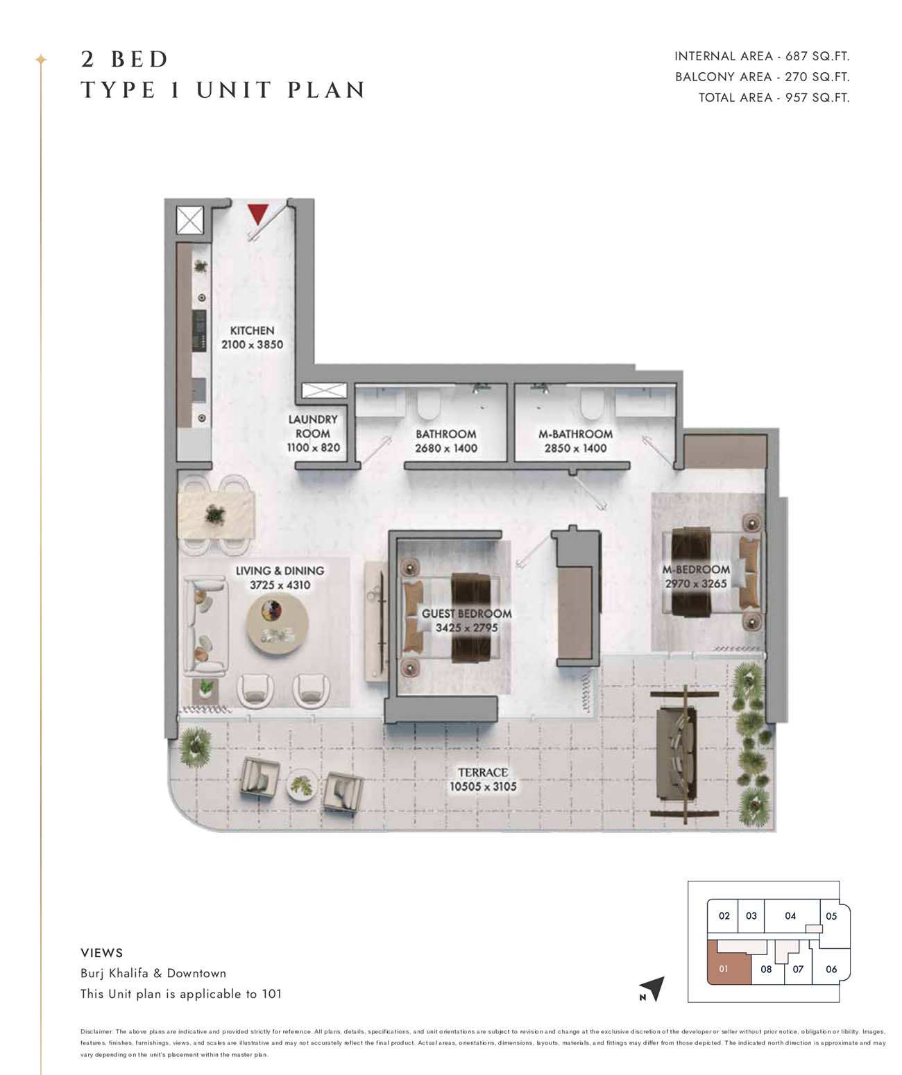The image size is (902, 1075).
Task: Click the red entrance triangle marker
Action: [257, 214]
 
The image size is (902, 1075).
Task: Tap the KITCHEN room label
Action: [252, 331]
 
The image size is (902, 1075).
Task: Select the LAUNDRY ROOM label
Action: [313, 427]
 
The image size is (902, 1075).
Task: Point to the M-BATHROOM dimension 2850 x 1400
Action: [575, 448]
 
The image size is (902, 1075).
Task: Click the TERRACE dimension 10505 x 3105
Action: [483, 786]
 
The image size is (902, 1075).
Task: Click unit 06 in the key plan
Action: [831, 968]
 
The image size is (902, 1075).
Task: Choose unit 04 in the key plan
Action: [790, 915]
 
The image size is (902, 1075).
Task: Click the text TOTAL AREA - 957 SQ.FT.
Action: [774, 97]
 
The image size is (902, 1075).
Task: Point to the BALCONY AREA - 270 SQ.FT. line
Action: [763, 77]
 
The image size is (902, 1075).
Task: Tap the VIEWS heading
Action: [101, 953]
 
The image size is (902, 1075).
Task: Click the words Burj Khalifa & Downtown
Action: [153, 973]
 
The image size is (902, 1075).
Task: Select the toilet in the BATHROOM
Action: [429, 404]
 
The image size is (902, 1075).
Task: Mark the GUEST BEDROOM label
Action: [467, 614]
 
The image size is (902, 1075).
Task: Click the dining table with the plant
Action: [216, 515]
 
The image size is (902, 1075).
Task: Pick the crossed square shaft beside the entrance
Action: [189, 221]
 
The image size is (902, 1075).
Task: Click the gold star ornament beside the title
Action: [41, 60]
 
